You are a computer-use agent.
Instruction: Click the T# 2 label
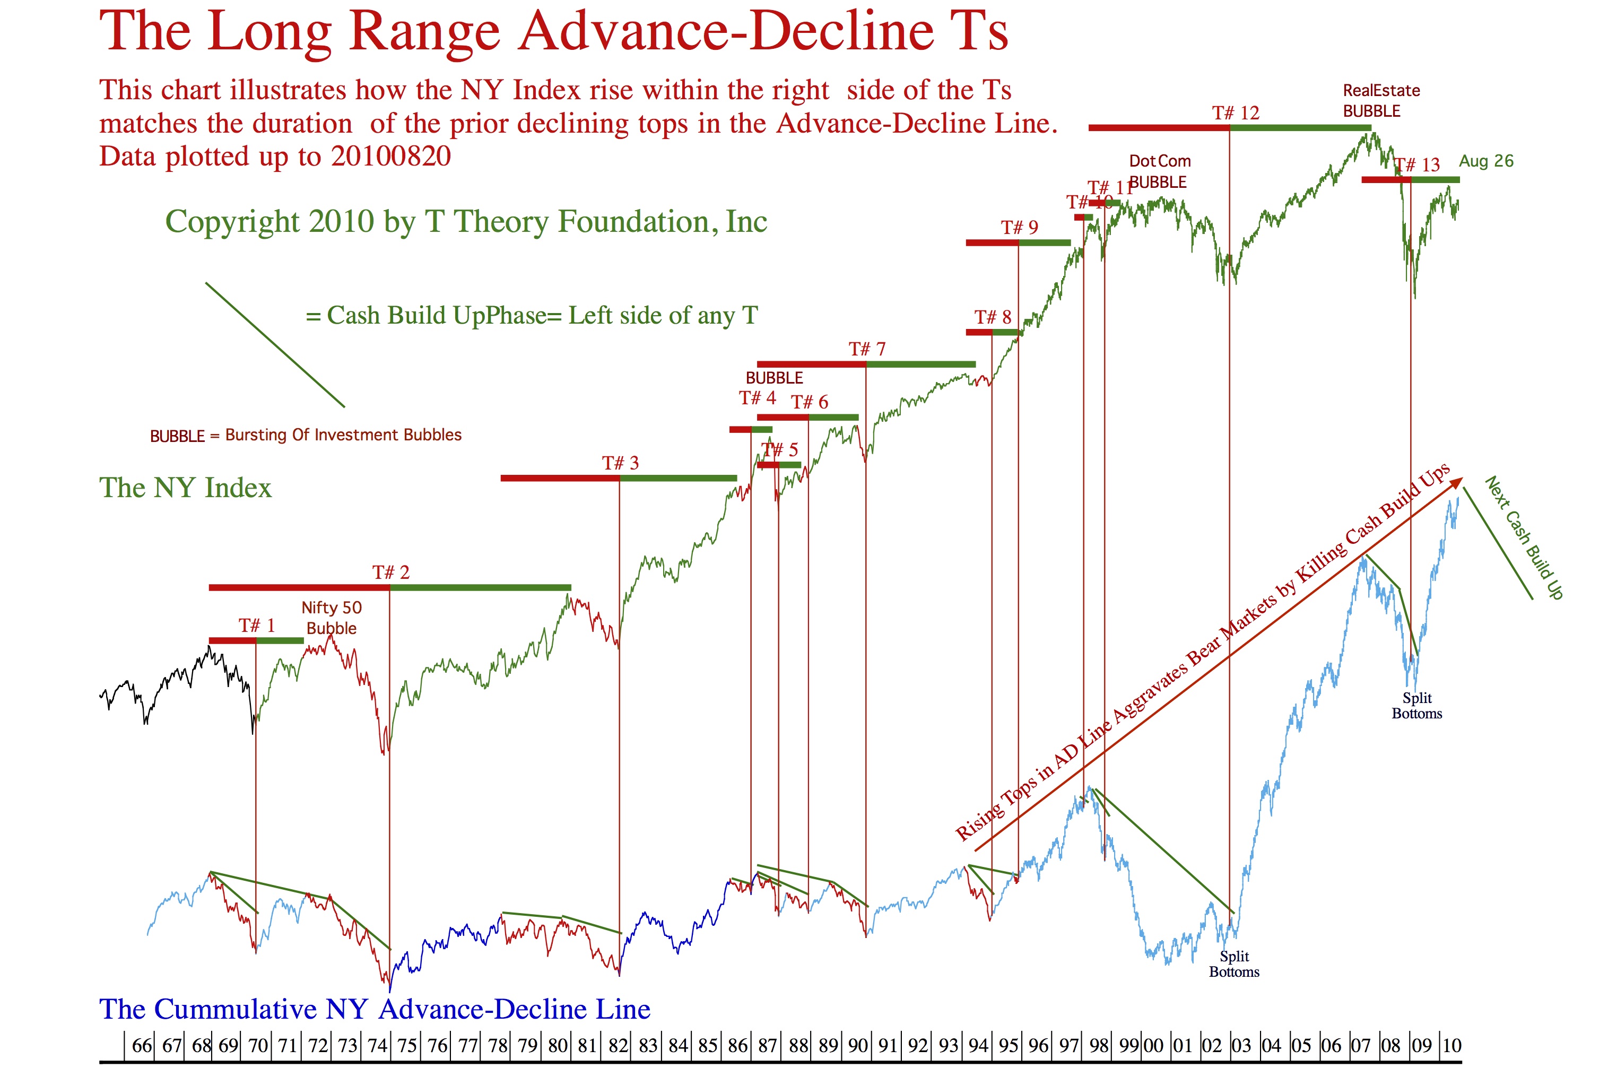(x=391, y=572)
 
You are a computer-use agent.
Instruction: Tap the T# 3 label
(x=620, y=463)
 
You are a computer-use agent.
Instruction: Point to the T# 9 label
(x=1019, y=227)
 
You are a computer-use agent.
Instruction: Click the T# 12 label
(x=1235, y=113)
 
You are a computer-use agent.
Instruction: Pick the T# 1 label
(x=257, y=626)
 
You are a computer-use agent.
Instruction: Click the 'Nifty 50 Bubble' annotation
(x=332, y=618)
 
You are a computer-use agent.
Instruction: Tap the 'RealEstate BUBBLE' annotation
(x=1381, y=101)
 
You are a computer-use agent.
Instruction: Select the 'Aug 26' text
(x=1485, y=161)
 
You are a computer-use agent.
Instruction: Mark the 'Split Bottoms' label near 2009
(x=1416, y=706)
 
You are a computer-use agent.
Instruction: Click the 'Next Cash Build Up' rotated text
(x=1524, y=537)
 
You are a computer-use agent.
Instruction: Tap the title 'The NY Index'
(x=186, y=488)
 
